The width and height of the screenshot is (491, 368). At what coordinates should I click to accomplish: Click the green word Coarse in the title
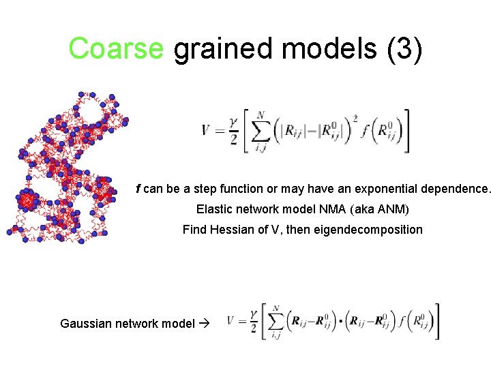(117, 48)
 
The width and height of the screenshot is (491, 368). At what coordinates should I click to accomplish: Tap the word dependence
(456, 188)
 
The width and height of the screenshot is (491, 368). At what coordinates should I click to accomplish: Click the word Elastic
(214, 209)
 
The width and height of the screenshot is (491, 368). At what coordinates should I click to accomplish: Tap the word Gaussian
(85, 324)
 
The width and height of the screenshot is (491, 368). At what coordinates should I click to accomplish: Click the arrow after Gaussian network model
(204, 324)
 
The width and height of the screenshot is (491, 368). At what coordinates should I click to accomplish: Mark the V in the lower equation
(231, 320)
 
